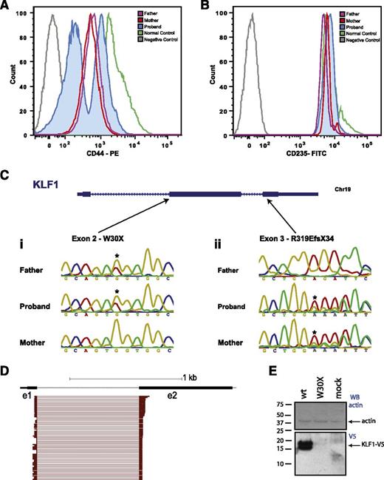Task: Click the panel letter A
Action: point(6,6)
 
